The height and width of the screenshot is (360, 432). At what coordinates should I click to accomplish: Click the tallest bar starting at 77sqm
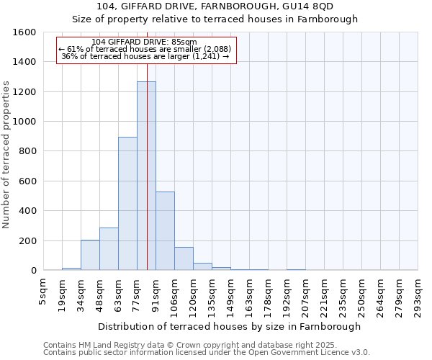click(146, 176)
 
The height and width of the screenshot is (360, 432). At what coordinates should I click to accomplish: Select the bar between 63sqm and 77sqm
click(127, 204)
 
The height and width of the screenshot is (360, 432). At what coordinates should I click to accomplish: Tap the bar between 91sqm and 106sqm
click(165, 231)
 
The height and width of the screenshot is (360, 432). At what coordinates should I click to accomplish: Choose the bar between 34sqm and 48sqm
click(90, 256)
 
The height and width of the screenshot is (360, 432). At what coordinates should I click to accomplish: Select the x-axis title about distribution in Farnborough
click(230, 326)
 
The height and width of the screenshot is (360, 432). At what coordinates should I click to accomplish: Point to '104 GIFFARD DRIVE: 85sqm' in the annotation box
click(145, 42)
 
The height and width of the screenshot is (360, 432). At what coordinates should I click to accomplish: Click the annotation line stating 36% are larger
click(145, 56)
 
